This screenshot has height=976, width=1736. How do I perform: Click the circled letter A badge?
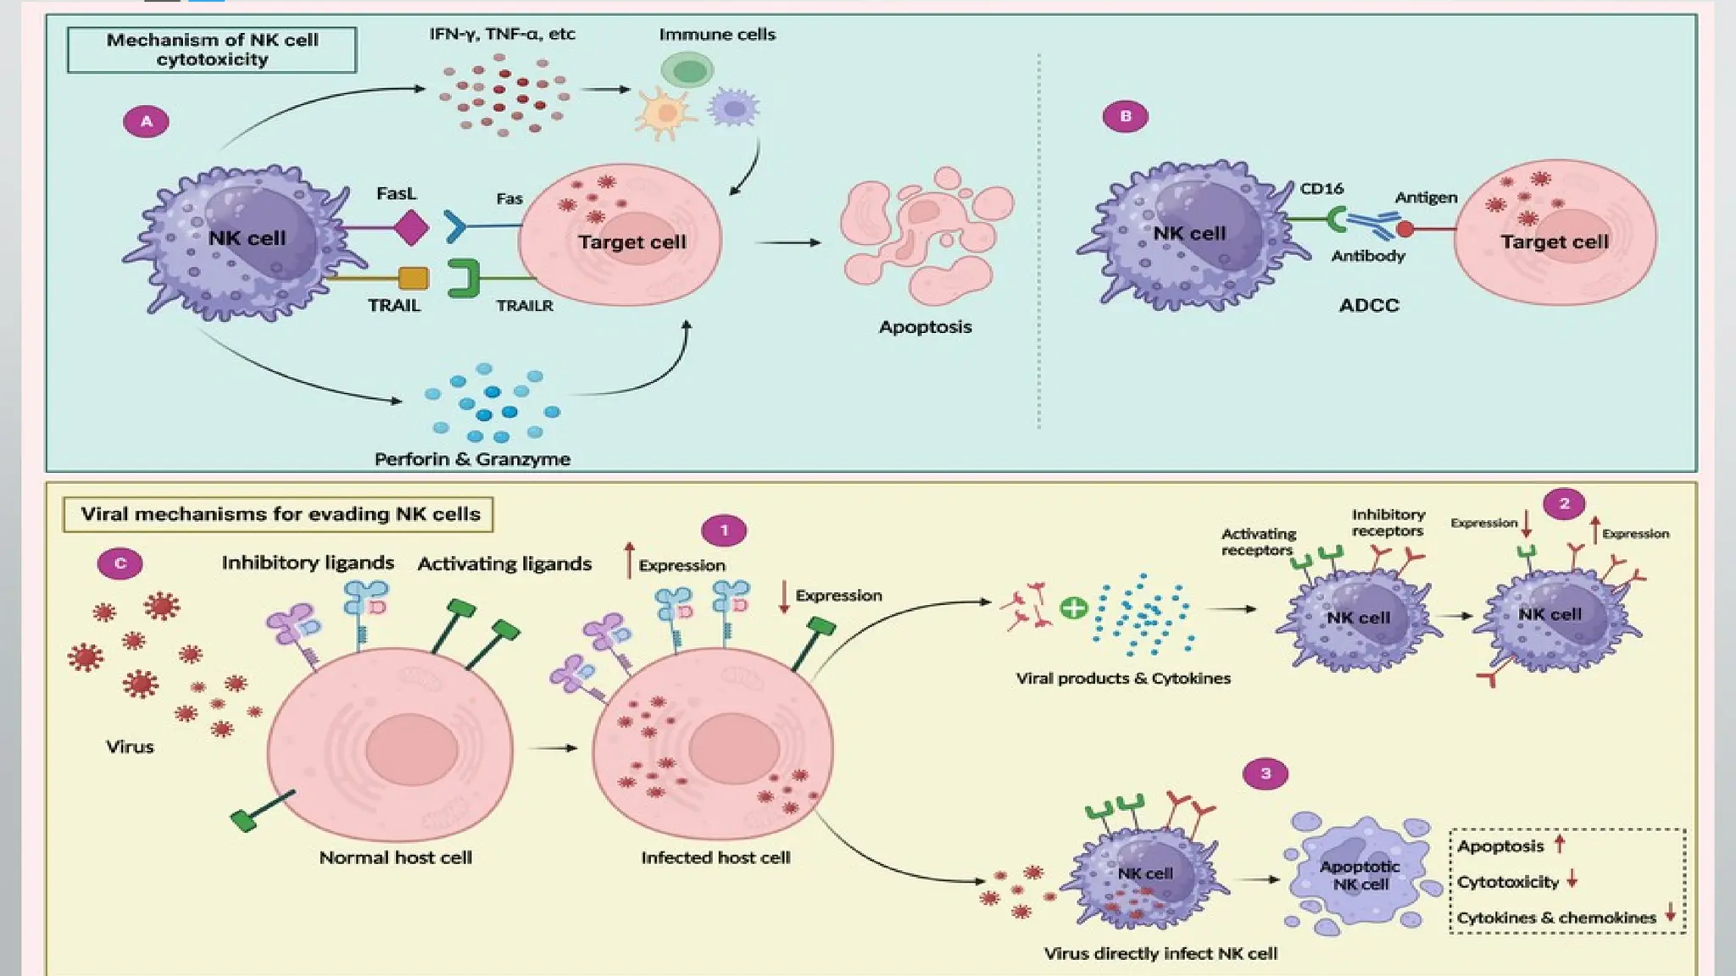146,121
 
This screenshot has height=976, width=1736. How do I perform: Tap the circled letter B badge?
1125,116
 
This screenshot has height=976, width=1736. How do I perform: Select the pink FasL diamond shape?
411,227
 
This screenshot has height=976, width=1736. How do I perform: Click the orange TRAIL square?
413,278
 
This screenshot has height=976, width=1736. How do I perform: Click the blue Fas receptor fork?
455,226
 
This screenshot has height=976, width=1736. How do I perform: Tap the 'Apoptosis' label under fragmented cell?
925,327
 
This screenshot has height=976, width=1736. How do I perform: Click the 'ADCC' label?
1368,306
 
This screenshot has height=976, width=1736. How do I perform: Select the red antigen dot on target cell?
1405,229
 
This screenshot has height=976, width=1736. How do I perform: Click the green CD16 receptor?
1336,219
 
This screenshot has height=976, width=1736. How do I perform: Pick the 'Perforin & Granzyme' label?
472,459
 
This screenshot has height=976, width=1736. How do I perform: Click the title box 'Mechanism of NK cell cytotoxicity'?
212,50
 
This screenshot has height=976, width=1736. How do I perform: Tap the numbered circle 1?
723,530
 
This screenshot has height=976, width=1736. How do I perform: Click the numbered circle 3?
1265,774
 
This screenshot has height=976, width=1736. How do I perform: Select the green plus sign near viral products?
1073,607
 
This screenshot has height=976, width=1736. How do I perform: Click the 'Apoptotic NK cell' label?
1360,875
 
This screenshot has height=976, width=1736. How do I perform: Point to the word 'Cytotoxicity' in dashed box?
1507,882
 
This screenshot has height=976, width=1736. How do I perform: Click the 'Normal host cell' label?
395,857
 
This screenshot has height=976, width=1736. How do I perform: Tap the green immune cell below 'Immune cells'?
687,70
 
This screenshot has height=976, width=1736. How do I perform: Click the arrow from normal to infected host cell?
552,748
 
